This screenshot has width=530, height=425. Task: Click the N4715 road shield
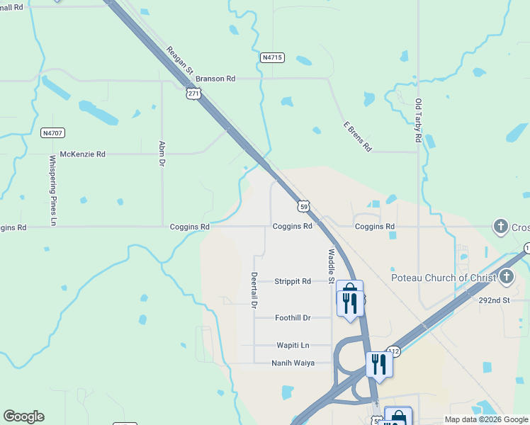[272, 57]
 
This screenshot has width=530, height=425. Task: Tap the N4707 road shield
[53, 132]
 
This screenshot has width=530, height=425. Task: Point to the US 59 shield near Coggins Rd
[303, 206]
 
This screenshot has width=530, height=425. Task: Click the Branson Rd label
[215, 79]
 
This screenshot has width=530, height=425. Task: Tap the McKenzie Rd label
[82, 154]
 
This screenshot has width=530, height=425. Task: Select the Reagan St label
[180, 61]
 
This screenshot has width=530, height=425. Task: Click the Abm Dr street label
[162, 153]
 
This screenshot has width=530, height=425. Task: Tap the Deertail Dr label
[253, 290]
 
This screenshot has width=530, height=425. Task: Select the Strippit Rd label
[293, 281]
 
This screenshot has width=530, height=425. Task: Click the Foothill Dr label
[293, 318]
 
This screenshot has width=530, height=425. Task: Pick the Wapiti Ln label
[293, 345]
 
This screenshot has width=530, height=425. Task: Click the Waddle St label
[331, 266]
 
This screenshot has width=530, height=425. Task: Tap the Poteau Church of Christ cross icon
[506, 277]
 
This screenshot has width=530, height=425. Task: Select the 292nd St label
[494, 300]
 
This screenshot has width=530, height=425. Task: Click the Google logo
[23, 416]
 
